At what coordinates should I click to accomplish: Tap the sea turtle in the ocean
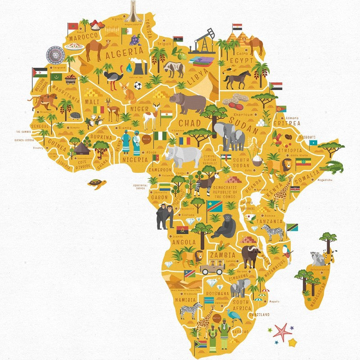pyautogui.click(x=97, y=184)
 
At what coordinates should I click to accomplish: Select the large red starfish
pyautogui.click(x=282, y=332)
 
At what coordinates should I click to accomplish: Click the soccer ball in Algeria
pyautogui.click(x=138, y=85)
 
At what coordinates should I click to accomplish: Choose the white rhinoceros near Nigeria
pyautogui.click(x=184, y=156)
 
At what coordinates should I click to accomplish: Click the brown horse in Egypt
pyautogui.click(x=237, y=79)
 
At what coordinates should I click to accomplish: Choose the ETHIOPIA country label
pyautogui.click(x=289, y=150)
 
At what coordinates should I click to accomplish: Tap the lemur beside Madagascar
pyautogui.click(x=318, y=258)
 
